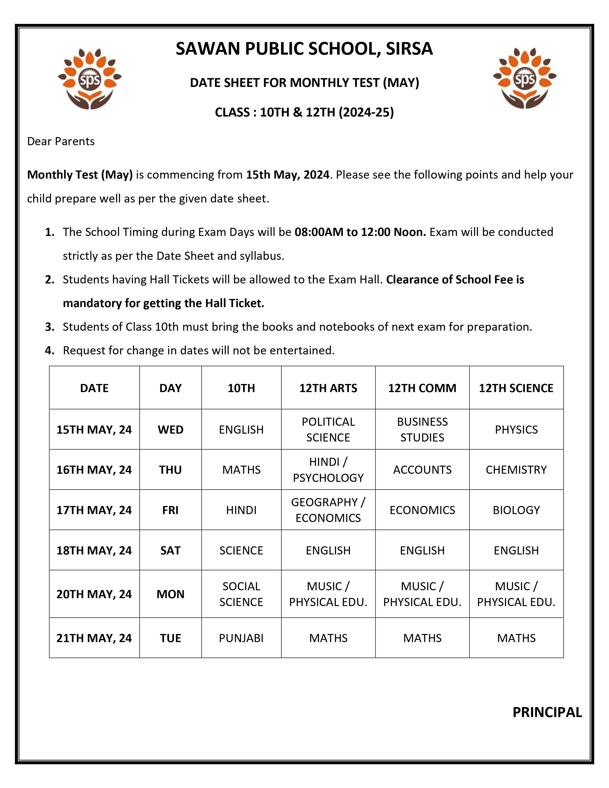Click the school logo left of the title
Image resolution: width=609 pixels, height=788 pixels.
90,79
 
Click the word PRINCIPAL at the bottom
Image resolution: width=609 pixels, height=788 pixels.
547,712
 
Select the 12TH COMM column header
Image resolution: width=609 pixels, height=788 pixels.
422,388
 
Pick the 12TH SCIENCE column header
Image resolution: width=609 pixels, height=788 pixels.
516,388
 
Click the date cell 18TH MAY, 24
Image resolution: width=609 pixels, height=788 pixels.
94,550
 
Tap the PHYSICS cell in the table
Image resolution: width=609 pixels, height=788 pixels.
516,429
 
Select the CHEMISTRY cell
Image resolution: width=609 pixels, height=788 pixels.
516,469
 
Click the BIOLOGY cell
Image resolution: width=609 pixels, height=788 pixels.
516,510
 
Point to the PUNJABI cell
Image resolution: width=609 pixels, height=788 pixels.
241,638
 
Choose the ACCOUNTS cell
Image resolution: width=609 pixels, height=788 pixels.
422,469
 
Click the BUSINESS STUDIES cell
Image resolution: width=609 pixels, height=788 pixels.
422,429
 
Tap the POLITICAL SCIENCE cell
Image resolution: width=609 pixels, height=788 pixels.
328,429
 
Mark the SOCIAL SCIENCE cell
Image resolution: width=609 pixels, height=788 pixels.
241,594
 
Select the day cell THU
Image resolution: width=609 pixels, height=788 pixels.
170,469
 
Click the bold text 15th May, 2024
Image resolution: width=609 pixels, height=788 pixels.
288,175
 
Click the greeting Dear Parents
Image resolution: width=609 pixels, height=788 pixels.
61,141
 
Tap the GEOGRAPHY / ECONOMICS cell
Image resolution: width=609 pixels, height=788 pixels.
328,510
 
